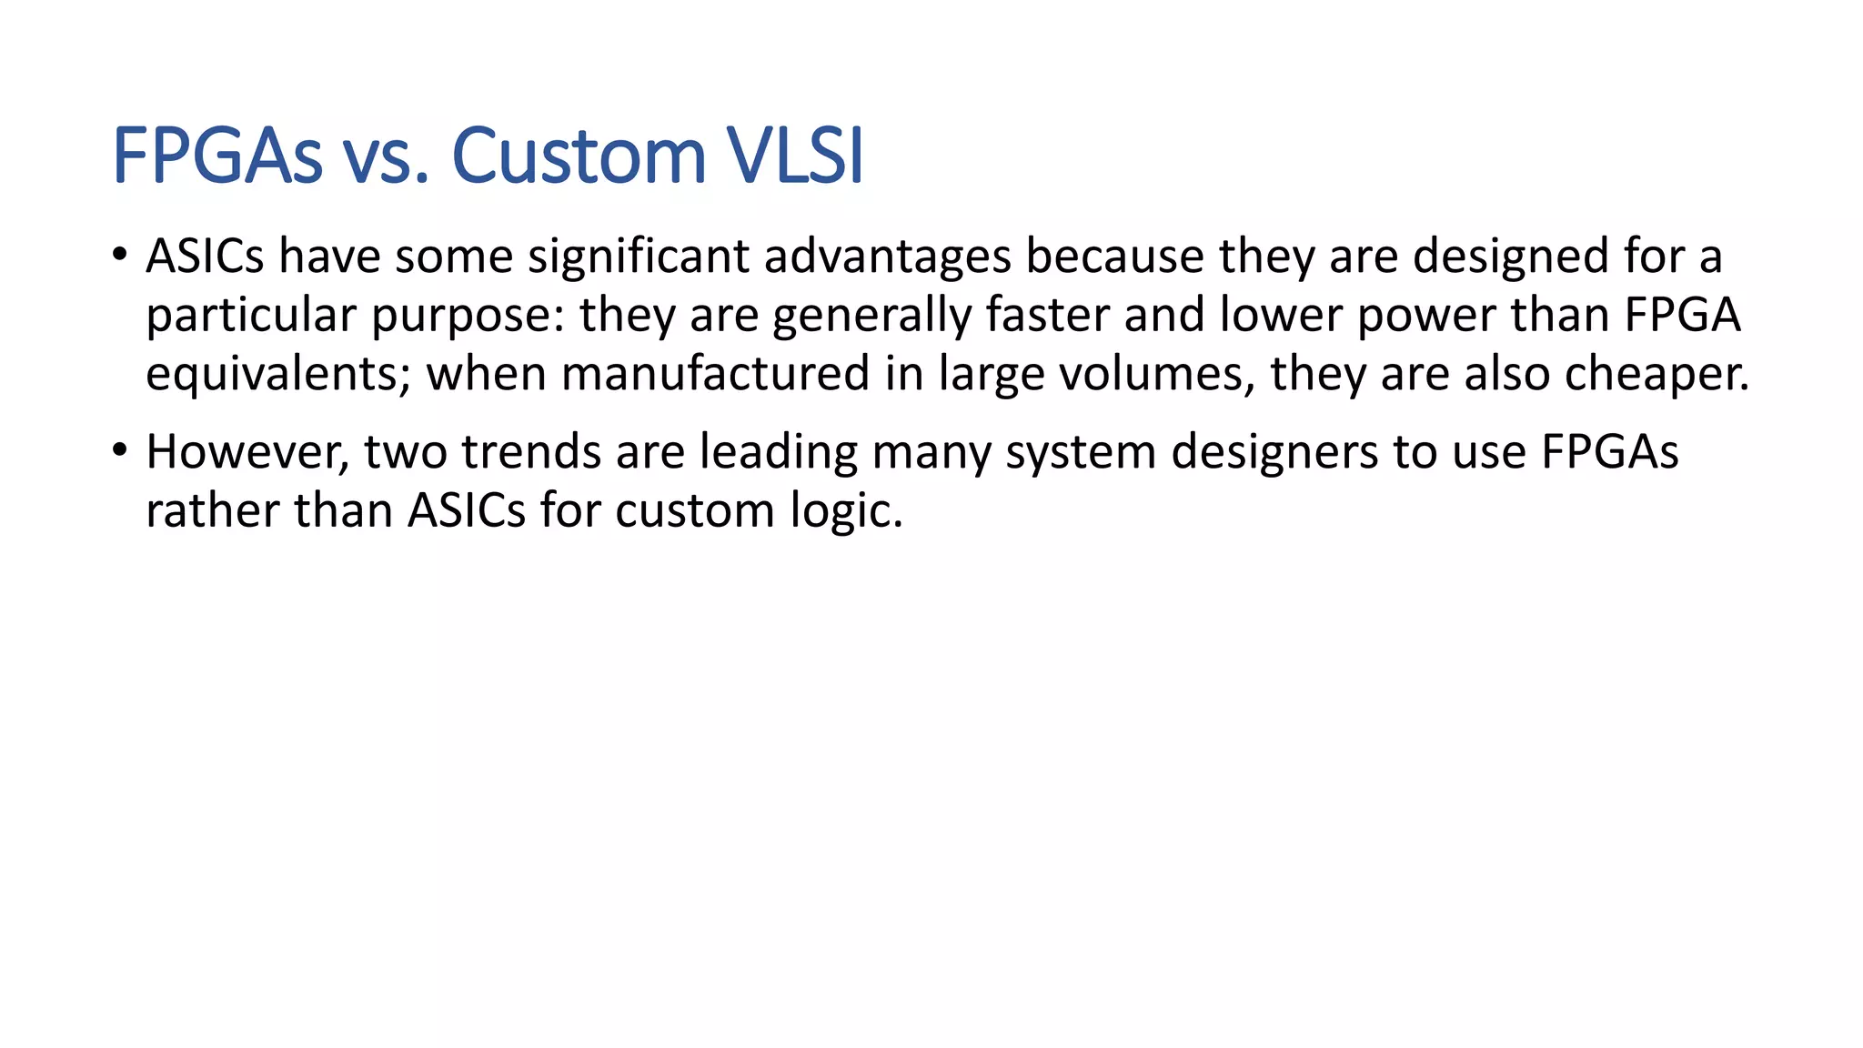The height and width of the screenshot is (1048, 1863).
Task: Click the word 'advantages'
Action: pyautogui.click(x=887, y=257)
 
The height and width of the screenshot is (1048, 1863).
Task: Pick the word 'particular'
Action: pyautogui.click(x=250, y=316)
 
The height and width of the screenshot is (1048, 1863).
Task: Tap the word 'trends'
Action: pyautogui.click(x=531, y=452)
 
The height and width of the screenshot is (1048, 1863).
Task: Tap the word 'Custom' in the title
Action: pyautogui.click(x=579, y=156)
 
